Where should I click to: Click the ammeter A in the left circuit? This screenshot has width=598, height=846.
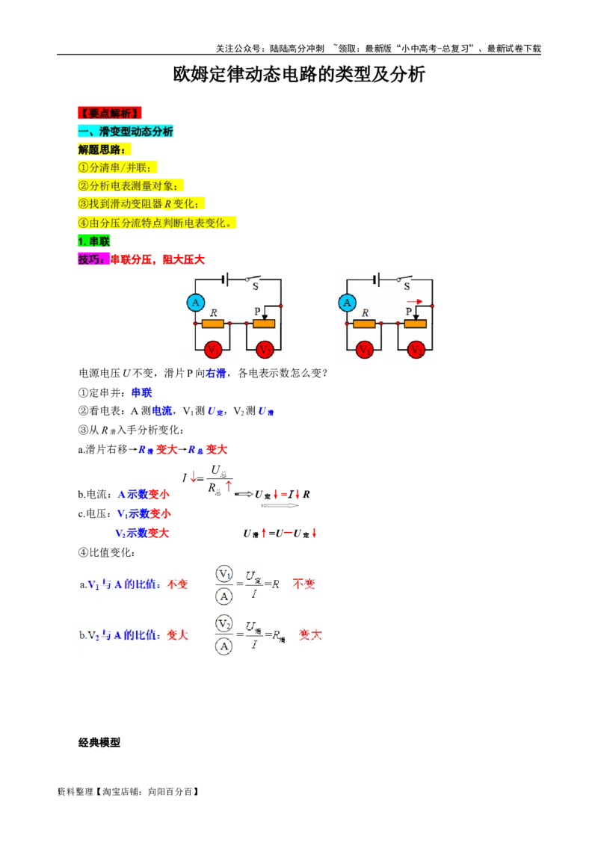click(x=195, y=303)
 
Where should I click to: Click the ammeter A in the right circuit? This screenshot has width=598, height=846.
click(x=346, y=303)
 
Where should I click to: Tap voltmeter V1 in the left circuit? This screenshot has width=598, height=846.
click(x=214, y=349)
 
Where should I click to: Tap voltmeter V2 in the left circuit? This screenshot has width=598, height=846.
click(x=265, y=349)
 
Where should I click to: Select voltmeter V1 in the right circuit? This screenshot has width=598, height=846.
click(x=365, y=349)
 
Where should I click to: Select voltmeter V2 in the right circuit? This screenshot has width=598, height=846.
click(x=416, y=349)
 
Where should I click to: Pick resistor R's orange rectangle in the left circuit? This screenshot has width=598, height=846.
click(x=214, y=324)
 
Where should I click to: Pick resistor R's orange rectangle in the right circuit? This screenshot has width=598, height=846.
click(x=365, y=324)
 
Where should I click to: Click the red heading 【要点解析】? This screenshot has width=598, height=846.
click(x=108, y=113)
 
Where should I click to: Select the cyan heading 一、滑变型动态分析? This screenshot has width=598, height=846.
click(x=126, y=132)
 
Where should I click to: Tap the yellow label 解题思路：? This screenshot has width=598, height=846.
click(x=102, y=149)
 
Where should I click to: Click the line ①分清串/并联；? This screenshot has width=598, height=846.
click(x=118, y=167)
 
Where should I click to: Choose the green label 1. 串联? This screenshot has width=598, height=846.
click(x=93, y=241)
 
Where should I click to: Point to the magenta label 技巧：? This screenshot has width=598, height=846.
click(x=92, y=259)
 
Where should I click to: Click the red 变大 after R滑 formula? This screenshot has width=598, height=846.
click(x=310, y=634)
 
